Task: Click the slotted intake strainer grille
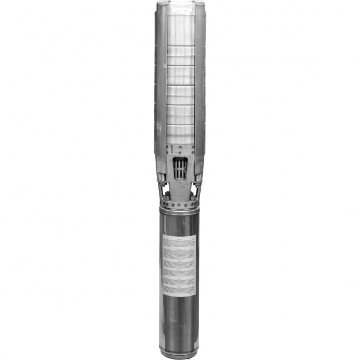179,169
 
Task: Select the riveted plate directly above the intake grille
179,151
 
